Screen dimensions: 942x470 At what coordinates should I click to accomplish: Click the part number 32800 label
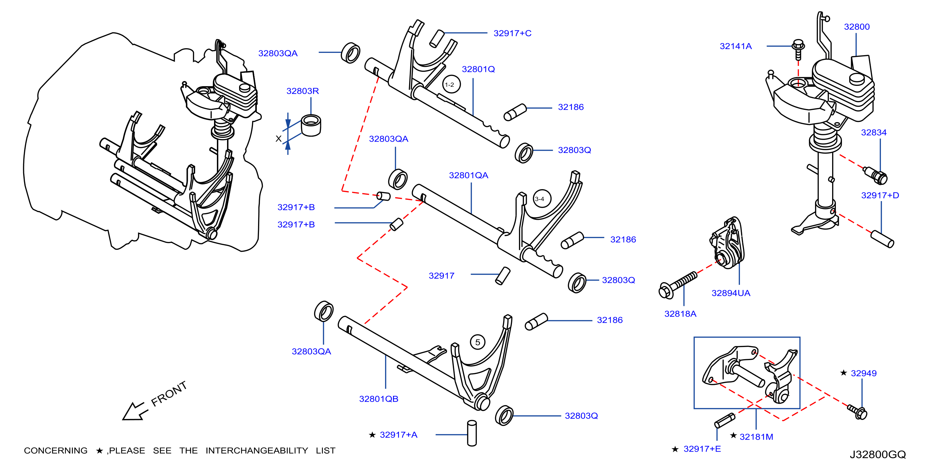(857, 27)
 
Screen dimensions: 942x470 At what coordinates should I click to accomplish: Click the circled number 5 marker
(477, 342)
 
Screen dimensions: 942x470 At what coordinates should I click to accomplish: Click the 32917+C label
(512, 33)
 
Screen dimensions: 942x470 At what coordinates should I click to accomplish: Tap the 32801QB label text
(378, 399)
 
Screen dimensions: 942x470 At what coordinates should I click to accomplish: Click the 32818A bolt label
(680, 314)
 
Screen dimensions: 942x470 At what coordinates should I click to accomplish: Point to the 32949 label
(863, 373)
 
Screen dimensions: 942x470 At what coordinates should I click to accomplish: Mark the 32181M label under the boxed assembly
(756, 437)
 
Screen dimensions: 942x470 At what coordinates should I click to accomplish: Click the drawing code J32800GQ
(878, 454)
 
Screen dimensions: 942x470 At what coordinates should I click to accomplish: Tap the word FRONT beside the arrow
(169, 394)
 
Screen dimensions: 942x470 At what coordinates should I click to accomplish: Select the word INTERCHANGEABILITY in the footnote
(257, 451)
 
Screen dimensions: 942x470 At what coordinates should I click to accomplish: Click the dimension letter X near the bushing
(279, 139)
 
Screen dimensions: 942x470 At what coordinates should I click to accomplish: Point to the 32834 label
(874, 132)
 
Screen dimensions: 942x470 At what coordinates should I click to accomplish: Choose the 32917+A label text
(398, 435)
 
